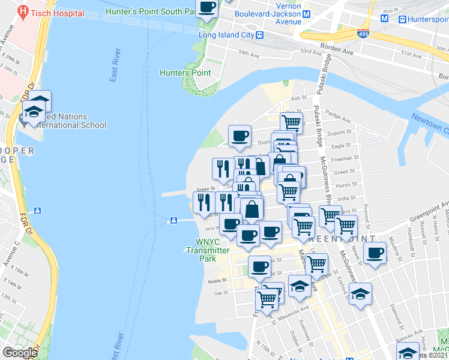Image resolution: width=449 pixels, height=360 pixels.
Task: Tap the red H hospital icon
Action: (23, 11)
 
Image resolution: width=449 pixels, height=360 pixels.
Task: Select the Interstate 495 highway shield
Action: (363, 35)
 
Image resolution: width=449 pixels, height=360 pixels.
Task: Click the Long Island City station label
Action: (228, 35)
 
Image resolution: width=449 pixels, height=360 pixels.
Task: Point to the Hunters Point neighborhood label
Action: (185, 73)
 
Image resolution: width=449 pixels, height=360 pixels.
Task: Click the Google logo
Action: (19, 352)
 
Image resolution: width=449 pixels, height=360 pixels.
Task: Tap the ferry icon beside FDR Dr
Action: (38, 211)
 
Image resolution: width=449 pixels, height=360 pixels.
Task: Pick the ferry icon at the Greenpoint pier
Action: (173, 220)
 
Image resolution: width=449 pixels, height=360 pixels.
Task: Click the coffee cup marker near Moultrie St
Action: (375, 252)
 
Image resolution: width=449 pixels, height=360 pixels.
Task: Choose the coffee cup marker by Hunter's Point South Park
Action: (208, 7)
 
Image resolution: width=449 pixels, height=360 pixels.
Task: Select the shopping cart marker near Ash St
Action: (291, 122)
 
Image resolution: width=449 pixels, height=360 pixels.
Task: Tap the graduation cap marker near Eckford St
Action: (360, 294)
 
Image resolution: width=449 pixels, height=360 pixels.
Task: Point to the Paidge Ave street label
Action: (339, 118)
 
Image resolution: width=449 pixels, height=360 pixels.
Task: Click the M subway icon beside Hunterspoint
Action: (401, 19)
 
